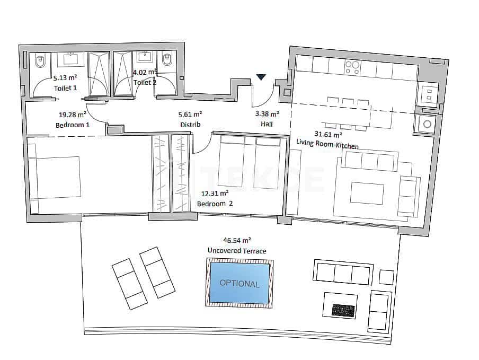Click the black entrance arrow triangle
(261, 77)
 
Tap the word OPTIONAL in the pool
(239, 284)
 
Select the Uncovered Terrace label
(237, 251)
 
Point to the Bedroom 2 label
(215, 204)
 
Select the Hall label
(267, 124)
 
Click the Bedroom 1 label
(73, 125)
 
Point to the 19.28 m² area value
(73, 114)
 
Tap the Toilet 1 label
(65, 87)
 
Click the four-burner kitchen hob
(352, 67)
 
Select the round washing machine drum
(426, 125)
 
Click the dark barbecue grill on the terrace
(343, 310)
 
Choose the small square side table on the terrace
(387, 277)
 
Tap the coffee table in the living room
(367, 194)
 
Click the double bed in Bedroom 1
(55, 178)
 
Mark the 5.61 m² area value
(190, 114)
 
